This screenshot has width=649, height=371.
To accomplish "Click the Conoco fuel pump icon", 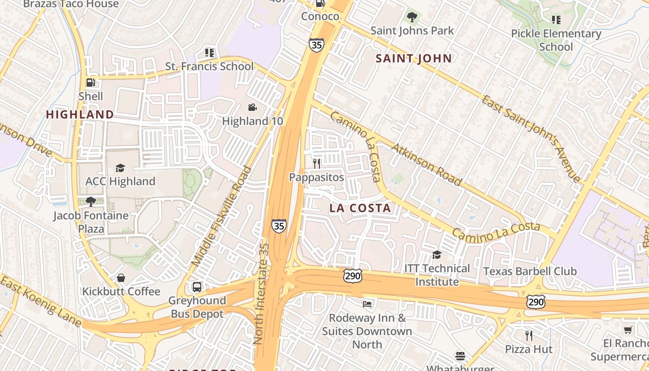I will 320,3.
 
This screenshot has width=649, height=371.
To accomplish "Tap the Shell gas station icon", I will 91,83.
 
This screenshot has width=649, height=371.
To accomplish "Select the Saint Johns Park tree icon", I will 412,18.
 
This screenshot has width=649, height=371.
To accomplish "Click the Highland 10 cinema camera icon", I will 252,108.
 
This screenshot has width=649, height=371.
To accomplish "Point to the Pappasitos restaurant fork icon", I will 317,164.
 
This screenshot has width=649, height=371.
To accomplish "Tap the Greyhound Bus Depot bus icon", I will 197,287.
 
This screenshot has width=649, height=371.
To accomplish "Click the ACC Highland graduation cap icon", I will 121,168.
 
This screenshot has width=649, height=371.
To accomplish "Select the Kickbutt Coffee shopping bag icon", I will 121,278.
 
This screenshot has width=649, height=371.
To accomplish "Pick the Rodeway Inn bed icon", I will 367,304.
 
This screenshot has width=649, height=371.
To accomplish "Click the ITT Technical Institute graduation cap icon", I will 437,255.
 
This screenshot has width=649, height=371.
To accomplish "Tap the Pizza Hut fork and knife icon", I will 528,335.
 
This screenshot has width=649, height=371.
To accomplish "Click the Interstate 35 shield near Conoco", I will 316,45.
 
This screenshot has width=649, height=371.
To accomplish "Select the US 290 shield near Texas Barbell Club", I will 535,302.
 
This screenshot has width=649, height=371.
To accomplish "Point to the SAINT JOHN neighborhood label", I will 414,58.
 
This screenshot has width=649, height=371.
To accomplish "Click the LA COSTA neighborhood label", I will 360,209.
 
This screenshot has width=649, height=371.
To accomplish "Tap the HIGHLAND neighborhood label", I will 80,115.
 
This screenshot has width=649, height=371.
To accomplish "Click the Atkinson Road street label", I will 427,164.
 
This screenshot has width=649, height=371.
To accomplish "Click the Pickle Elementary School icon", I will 556,20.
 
